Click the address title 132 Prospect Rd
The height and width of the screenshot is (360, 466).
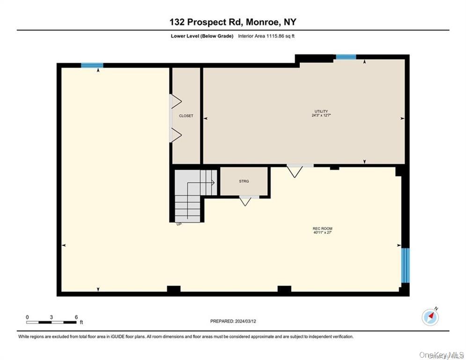[x=233, y=22]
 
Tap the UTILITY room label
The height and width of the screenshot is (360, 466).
[x=321, y=111]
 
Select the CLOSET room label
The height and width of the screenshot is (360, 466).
[x=186, y=116]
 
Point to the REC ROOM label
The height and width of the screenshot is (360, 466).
[x=322, y=228]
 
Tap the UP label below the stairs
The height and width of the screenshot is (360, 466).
[x=179, y=224]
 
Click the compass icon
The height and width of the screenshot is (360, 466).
[x=430, y=317]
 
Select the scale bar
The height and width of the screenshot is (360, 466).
[x=52, y=322]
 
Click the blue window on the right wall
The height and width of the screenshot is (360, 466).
[x=405, y=265]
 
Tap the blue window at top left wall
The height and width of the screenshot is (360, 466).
[x=92, y=65]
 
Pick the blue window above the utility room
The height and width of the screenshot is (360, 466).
[x=346, y=57]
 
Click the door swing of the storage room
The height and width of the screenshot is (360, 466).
[x=245, y=201]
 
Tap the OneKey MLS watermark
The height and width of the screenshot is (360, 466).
[x=441, y=355]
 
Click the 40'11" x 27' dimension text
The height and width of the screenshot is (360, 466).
[x=322, y=232]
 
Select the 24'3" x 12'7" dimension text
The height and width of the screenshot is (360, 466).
[x=321, y=115]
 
